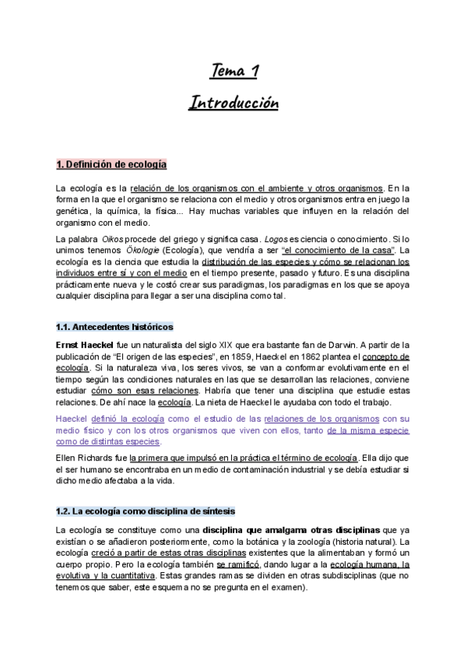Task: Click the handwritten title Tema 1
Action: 234,72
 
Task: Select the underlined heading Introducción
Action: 233,103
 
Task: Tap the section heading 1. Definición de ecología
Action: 111,165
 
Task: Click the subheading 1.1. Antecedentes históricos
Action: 114,327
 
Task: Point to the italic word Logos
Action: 278,237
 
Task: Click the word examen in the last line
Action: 288,588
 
